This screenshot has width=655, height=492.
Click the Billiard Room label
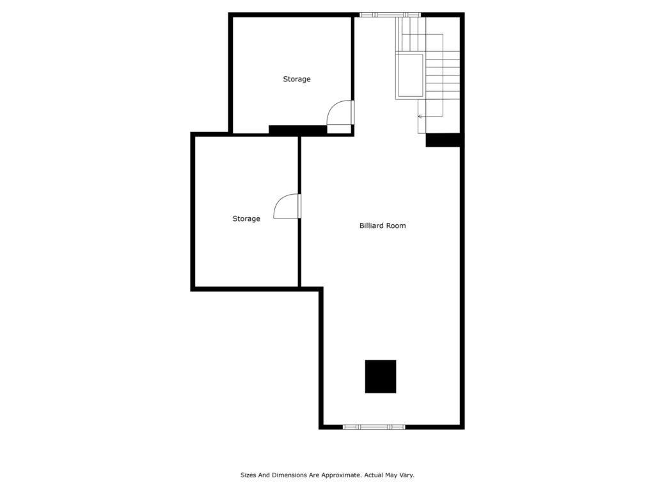[383, 225]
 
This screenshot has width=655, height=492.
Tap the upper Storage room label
[297, 79]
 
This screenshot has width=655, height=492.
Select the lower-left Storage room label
[246, 219]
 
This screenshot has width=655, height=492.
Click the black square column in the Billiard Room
[381, 377]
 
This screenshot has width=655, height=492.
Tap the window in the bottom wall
[374, 427]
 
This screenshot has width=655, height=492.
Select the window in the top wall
[390, 15]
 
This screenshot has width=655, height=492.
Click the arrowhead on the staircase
[420, 117]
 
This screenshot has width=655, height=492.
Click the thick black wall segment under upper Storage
[297, 129]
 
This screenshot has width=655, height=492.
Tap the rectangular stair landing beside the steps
[410, 76]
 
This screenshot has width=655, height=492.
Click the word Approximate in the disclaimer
[345, 475]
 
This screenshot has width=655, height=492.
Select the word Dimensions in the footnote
[289, 475]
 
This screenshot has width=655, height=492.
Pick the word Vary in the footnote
[406, 475]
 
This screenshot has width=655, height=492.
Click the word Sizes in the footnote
[248, 475]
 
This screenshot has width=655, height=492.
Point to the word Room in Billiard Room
[396, 225]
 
